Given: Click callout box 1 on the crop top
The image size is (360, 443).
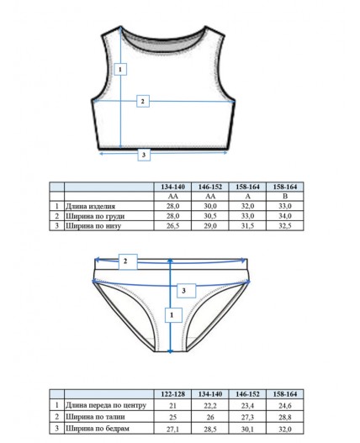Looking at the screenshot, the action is pos(120,69).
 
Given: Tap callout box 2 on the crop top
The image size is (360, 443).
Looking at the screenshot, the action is pos(143,101).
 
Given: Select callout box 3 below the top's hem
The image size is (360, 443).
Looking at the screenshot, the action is pos(144,155).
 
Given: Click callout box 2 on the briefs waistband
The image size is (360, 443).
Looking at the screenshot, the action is pos(128,261).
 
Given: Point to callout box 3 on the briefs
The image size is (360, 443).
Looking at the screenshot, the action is pos(187,291).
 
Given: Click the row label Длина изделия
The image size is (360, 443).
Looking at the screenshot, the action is pos(91,207).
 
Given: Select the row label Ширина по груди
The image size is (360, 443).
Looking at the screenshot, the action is pos(95,216).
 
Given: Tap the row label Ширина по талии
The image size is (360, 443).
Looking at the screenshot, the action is pos(95,417).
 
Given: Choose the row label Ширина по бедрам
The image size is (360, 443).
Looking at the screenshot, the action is pos(98,429).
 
